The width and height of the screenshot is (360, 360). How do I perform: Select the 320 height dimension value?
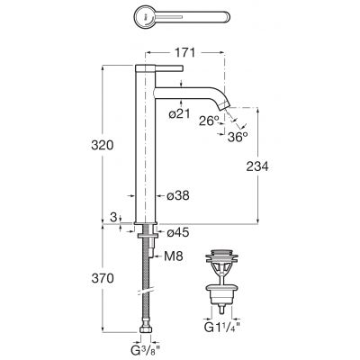[103, 146]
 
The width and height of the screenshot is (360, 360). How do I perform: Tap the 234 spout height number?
[257, 166]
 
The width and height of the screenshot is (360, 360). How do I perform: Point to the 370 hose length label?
[103, 278]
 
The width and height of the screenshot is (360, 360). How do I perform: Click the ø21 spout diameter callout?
[179, 113]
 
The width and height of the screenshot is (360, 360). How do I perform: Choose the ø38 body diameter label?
[178, 196]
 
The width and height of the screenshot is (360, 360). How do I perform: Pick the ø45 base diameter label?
[178, 232]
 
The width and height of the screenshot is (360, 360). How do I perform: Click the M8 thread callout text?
[174, 256]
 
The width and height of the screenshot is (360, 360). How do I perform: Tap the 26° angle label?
[209, 121]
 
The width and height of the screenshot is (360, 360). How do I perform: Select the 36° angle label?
[238, 137]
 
